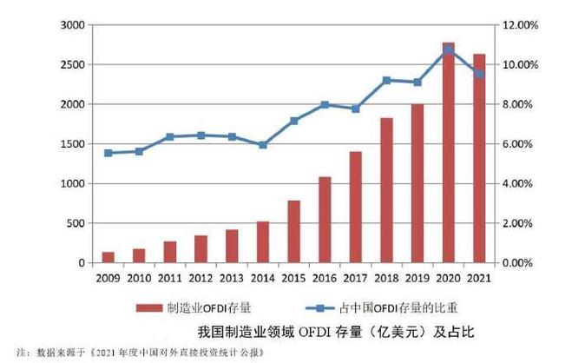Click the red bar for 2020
tap(448, 153)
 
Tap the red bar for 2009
tap(108, 257)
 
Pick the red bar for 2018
tap(387, 190)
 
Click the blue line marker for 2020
tap(448, 50)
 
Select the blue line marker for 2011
tap(169, 137)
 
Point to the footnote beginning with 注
tap(139, 354)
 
